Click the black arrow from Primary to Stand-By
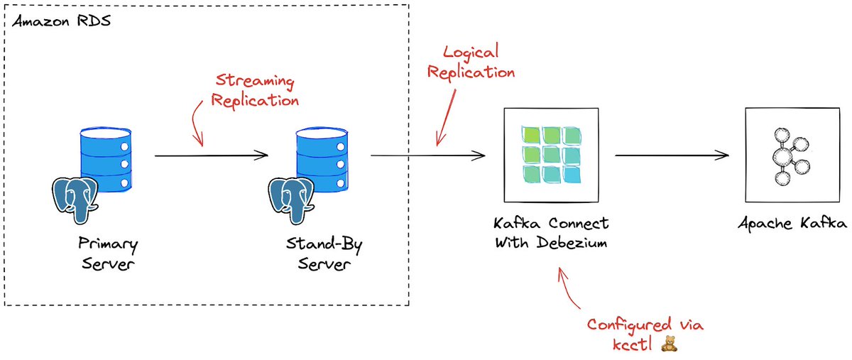211,155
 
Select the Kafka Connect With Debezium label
550,234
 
